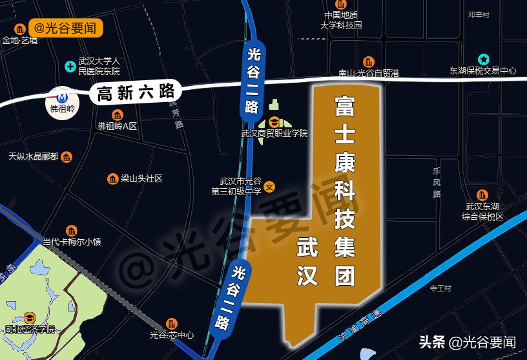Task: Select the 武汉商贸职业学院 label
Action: (x=274, y=134)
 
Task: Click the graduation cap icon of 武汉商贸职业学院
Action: (x=274, y=122)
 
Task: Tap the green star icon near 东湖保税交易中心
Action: (x=482, y=59)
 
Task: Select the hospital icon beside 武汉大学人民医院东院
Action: (x=70, y=65)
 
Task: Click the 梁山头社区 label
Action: (x=141, y=178)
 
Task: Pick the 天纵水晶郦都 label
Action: (x=33, y=156)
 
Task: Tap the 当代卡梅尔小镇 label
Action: (x=72, y=242)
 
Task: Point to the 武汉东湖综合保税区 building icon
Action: (x=482, y=195)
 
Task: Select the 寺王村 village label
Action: (x=439, y=288)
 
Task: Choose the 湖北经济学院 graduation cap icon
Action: (x=30, y=317)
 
